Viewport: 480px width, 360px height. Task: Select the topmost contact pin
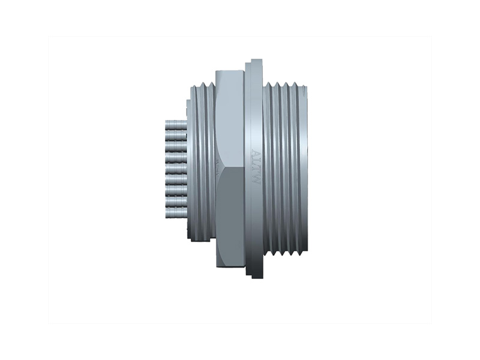pyautogui.click(x=176, y=124)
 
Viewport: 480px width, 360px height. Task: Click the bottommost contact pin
pyautogui.click(x=176, y=212)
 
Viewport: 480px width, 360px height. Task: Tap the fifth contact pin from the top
pyautogui.click(x=176, y=169)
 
